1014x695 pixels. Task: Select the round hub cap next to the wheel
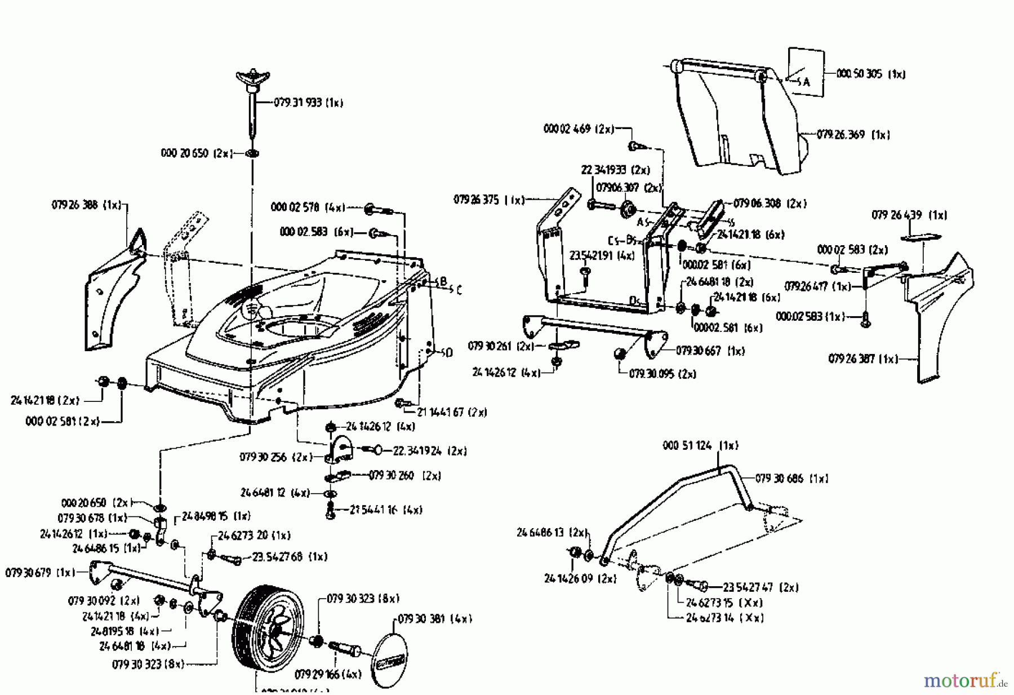(x=390, y=659)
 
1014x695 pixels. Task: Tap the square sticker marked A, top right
(x=806, y=72)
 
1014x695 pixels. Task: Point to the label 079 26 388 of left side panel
(x=86, y=206)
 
